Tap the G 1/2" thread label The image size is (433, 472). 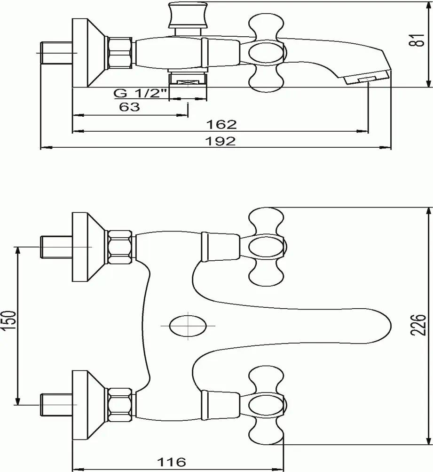[140, 93]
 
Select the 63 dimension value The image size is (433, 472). [129, 107]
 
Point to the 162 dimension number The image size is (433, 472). [221, 124]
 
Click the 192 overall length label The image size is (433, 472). [220, 141]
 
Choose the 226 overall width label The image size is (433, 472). [419, 325]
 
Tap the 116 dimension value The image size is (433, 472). [172, 462]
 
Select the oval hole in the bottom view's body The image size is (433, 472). [188, 326]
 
